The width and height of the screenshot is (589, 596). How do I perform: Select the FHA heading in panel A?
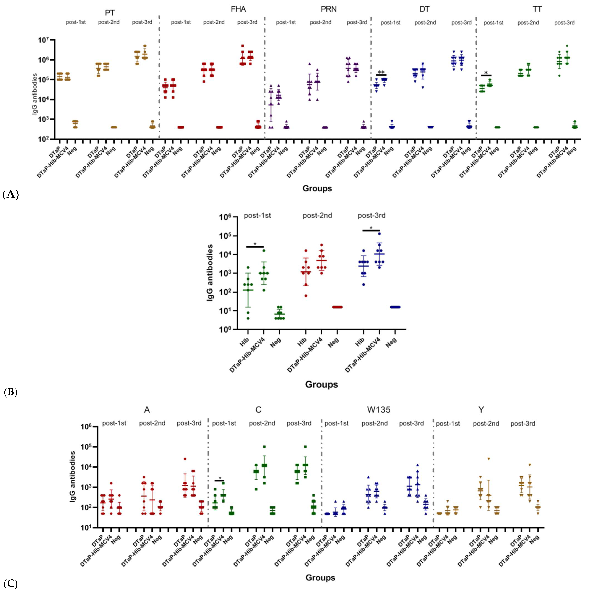(238, 9)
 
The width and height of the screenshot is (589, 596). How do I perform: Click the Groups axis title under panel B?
(321, 384)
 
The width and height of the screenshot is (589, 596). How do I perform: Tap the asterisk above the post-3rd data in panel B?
(371, 228)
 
